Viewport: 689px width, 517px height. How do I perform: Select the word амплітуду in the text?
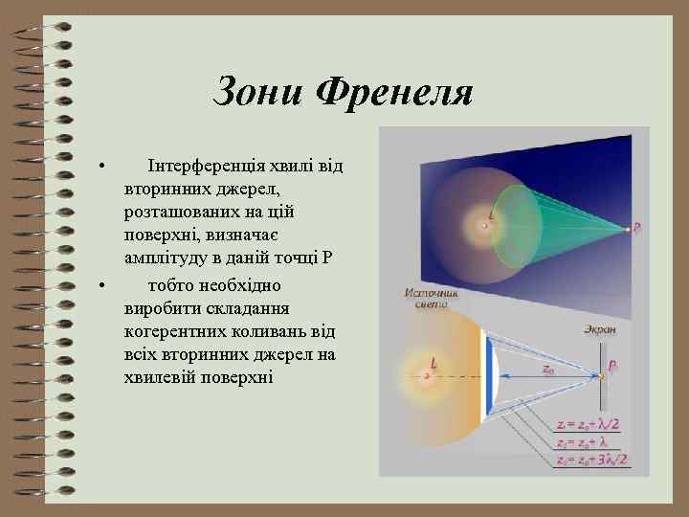(x=168, y=258)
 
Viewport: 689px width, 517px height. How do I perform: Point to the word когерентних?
(x=170, y=331)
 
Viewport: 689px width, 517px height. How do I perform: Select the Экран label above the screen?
(x=601, y=328)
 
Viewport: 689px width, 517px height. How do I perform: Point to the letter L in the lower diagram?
(x=433, y=364)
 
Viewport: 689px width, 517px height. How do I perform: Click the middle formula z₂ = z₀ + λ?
(x=586, y=442)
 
